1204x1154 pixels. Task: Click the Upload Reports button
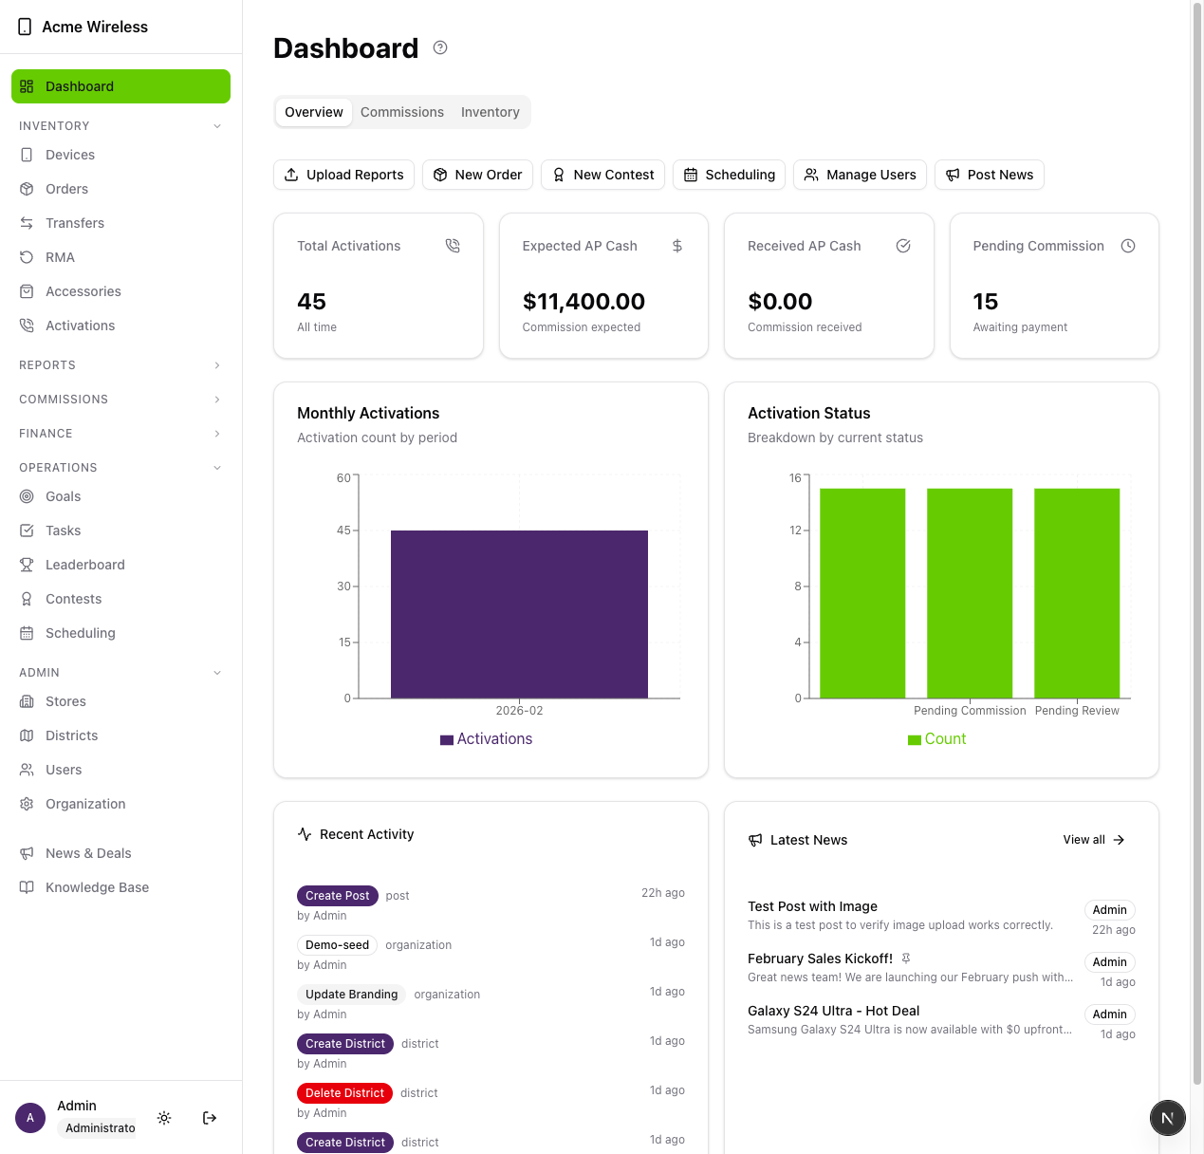pos(343,175)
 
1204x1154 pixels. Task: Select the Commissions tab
pos(401,112)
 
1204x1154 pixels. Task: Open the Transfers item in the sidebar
pos(75,223)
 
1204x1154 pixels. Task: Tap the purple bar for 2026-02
pos(519,614)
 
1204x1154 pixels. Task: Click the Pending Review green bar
pos(1077,593)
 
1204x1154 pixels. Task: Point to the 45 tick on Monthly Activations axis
pos(344,530)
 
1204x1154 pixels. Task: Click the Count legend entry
pos(936,739)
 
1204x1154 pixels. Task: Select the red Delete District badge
pos(344,1093)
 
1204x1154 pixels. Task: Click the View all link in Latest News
pos(1093,840)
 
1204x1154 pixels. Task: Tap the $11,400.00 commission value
pos(583,302)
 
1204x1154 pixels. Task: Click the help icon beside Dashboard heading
pos(440,47)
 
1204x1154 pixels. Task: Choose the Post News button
pos(989,175)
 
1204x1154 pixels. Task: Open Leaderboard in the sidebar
pos(84,565)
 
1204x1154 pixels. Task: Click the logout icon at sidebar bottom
pos(210,1118)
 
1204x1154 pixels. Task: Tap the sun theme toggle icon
pos(164,1118)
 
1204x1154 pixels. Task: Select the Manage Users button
pos(860,175)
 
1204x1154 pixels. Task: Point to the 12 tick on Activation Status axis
pos(796,530)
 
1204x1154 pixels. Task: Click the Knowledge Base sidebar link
pos(97,887)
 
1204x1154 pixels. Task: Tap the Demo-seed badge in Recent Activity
pos(337,945)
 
